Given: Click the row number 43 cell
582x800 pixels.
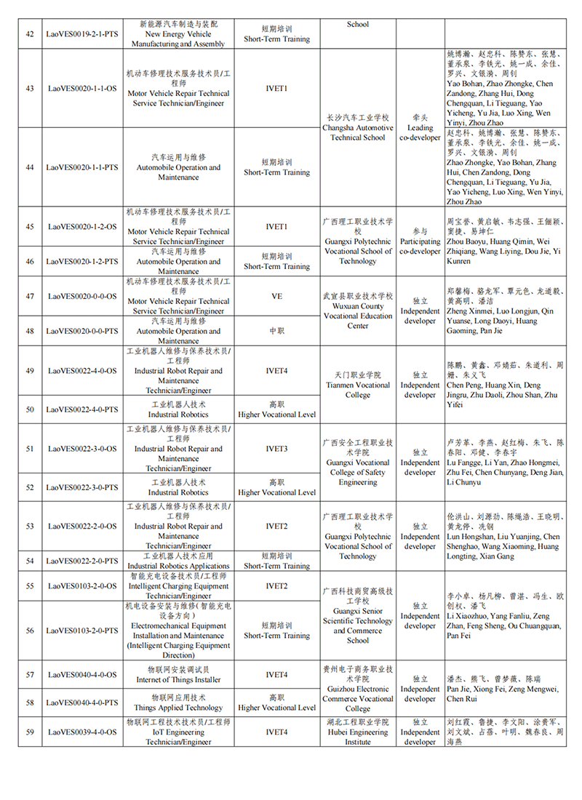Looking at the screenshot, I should point(30,88).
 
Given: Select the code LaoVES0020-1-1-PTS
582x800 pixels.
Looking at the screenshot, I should point(81,167).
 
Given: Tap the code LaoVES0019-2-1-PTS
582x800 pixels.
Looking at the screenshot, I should point(81,33).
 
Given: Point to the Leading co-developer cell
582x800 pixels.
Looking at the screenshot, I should point(420,127).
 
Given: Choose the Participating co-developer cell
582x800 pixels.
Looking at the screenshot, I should point(420,241).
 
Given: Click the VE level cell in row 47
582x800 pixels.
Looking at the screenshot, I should point(277,296).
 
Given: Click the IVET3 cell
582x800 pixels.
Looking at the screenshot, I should point(277,449).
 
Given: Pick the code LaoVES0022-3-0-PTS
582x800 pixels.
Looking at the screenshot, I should point(81,487).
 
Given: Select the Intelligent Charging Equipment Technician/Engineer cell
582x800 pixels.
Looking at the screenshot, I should point(178,585).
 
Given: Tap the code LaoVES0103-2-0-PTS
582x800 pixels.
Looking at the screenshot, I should point(81,631).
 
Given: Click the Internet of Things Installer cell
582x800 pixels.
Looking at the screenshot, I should point(178,675).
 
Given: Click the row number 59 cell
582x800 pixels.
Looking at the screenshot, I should point(30,732).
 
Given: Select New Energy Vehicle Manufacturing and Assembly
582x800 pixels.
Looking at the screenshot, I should point(178,33).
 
